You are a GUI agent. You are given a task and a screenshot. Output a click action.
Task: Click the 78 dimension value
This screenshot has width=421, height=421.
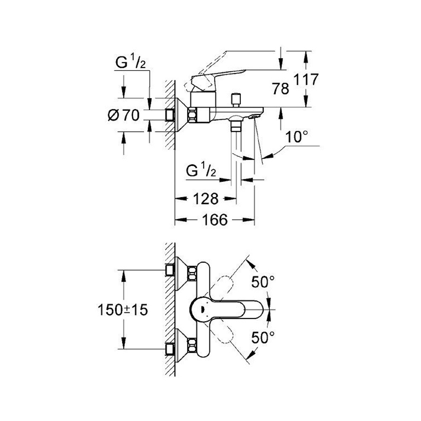[281, 89]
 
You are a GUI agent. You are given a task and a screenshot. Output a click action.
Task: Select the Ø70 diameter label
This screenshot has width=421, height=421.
[123, 115]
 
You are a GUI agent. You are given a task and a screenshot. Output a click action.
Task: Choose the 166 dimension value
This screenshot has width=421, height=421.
[214, 220]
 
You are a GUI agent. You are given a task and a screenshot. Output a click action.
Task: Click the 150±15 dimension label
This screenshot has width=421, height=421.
[123, 311]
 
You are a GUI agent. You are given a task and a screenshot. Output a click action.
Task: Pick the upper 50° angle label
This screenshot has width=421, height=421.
[263, 282]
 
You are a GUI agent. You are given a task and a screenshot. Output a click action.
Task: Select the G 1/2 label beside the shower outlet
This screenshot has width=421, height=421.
[201, 171]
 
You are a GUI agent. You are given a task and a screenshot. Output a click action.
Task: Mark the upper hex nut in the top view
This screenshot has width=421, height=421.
[192, 274]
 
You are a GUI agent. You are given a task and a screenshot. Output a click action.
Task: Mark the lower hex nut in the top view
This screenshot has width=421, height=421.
[192, 344]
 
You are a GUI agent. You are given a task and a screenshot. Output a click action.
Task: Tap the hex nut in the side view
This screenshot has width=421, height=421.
[192, 115]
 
